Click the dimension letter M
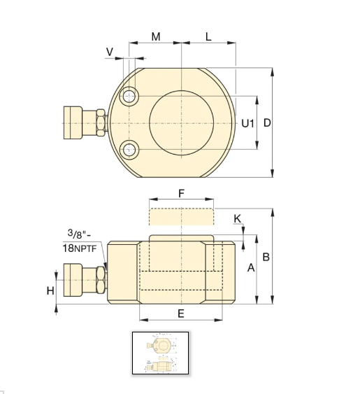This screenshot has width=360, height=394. pos(156,37)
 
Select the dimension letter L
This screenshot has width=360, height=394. pos(208,37)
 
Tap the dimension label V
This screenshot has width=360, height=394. pos(110,52)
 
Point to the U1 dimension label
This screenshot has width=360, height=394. pos(247,123)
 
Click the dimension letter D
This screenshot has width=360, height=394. pos(267,123)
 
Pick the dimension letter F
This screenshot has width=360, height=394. pos(181,193)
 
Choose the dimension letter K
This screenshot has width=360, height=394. pos(237,219)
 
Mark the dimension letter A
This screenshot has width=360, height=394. pos(251,268)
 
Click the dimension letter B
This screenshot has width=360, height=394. pos(266,257)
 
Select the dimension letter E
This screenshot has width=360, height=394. pos(181,314)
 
